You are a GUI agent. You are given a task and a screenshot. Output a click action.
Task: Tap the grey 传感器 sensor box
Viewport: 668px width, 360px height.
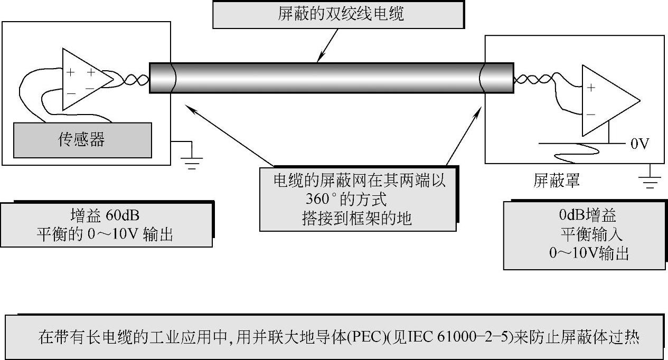coord(82,140)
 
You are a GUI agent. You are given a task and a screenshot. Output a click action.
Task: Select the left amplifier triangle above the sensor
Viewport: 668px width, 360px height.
coord(84,80)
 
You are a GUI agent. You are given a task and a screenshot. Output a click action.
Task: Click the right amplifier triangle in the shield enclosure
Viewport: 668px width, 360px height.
coord(607,101)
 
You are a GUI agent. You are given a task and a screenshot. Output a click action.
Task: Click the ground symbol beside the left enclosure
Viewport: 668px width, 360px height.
coord(192,160)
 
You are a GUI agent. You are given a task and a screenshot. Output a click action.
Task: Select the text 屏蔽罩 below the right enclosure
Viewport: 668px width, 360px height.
coord(557,181)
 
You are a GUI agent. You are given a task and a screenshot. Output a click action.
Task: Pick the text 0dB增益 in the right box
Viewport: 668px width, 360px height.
coord(588,216)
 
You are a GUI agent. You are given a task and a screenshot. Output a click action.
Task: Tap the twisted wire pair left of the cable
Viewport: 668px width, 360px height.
coord(132,80)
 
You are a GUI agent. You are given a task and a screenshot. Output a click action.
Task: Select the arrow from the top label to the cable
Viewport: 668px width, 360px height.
coord(328,45)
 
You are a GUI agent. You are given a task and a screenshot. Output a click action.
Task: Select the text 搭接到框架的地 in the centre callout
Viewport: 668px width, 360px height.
coord(357,218)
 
